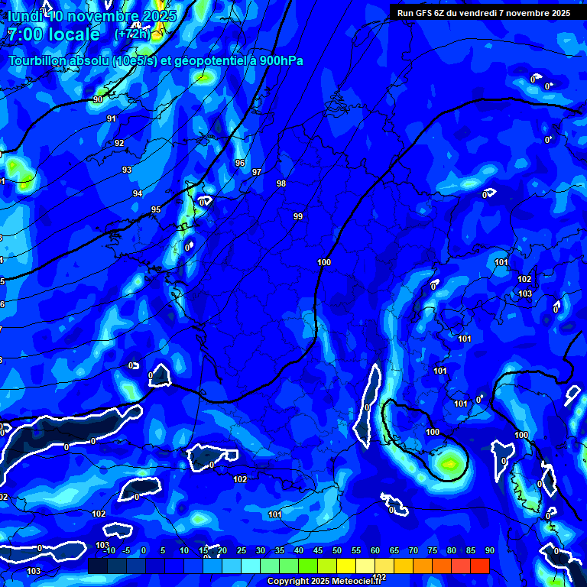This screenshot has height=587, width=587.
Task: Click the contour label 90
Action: click(98, 99)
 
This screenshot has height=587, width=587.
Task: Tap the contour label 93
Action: click(127, 170)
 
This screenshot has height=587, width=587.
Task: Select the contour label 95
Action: click(156, 209)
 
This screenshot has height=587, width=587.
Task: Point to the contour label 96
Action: click(240, 163)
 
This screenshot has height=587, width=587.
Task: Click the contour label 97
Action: click(257, 172)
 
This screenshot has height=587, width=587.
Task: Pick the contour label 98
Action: click(281, 183)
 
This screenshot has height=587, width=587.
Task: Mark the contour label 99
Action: click(298, 216)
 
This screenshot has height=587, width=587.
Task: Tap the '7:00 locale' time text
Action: click(54, 34)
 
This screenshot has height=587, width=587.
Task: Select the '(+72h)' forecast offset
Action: click(132, 34)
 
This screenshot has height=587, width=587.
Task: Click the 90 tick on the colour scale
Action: click(489, 550)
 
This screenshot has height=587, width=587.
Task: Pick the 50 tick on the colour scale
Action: click(337, 550)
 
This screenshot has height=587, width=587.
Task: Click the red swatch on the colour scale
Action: click(479, 566)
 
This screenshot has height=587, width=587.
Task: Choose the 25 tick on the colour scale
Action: click(242, 550)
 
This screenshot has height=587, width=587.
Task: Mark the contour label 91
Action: click(112, 118)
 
